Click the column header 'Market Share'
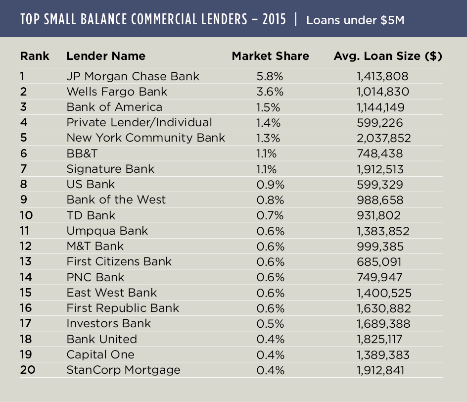pos(270,56)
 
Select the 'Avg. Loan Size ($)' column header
pos(388,56)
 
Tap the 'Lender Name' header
pos(106,56)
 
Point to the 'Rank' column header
pos(35,56)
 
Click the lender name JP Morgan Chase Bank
pos(133,76)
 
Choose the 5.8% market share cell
pos(271,76)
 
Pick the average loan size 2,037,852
pos(383,138)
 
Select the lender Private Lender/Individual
pos(139,122)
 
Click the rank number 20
pos(27,370)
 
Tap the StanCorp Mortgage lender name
pos(123,370)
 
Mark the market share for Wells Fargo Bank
pos(271,92)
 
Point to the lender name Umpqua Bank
pos(107,231)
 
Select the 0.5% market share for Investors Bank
pos(271,323)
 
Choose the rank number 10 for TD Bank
pos(27,215)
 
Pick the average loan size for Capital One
pos(383,354)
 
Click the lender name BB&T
pos(83,153)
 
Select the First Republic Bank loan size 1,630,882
pos(383,308)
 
